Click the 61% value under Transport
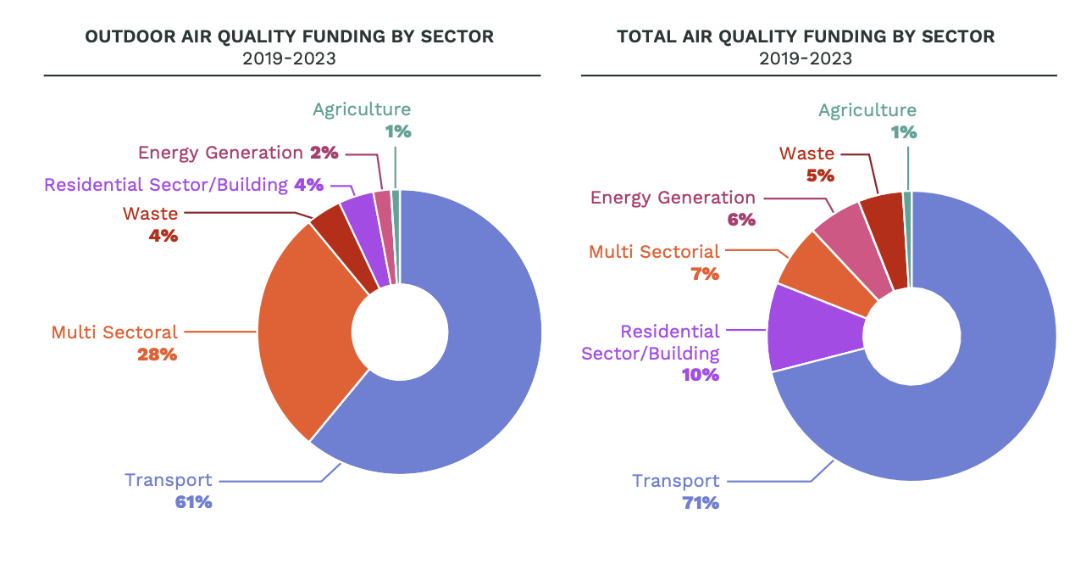tap(193, 502)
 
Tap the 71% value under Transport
tap(701, 502)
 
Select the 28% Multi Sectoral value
tap(158, 354)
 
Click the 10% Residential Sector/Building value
tap(701, 375)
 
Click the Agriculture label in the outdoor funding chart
tap(362, 109)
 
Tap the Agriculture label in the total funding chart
tap(867, 110)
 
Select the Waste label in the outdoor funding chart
tap(150, 214)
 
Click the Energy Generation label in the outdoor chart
tap(220, 153)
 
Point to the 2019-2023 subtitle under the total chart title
tap(806, 59)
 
